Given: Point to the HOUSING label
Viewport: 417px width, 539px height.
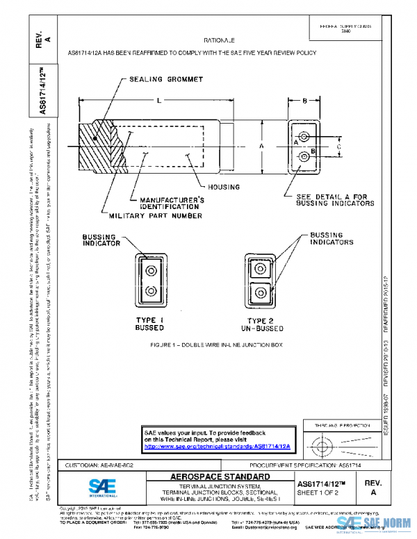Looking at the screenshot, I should (x=223, y=187).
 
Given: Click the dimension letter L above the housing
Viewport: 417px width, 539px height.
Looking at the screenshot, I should (x=159, y=101).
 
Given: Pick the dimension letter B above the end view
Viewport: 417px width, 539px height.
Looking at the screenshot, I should (x=304, y=101).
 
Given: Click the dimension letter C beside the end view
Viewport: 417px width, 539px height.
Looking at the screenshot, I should (x=338, y=147).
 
